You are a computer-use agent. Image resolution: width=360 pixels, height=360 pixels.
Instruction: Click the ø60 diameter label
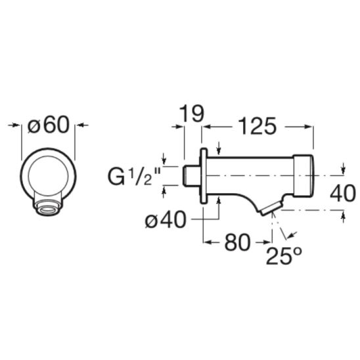48,125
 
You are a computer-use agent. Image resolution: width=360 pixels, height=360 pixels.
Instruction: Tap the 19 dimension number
191,114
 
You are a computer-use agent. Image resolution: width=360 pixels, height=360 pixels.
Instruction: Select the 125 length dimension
257,126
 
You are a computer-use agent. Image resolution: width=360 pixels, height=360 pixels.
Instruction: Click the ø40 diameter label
166,220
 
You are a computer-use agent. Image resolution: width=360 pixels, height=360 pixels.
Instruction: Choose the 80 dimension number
237,242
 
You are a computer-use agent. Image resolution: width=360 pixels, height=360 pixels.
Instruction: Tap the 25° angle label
284,256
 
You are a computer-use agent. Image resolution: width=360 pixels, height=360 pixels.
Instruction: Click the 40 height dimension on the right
342,194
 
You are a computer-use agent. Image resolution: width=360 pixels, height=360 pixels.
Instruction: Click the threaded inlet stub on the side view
191,175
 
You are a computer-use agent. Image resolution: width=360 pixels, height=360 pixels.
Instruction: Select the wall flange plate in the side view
204,176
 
